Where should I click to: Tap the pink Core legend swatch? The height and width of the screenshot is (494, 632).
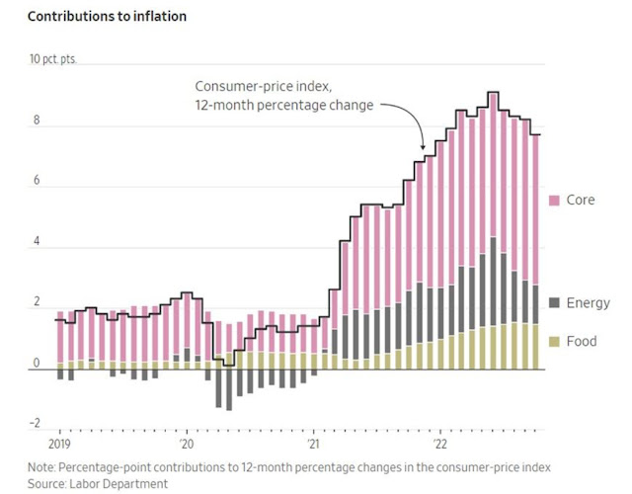coord(554,201)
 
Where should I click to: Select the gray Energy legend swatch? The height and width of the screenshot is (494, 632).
coord(554,303)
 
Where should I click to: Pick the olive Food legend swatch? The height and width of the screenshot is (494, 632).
coord(554,342)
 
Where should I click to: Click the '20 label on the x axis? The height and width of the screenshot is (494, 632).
coord(188,445)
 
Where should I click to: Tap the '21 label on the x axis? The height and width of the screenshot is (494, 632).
coord(313,445)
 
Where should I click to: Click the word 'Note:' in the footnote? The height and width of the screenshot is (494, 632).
coord(42,466)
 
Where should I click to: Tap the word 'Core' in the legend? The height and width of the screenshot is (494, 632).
coord(581,201)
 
